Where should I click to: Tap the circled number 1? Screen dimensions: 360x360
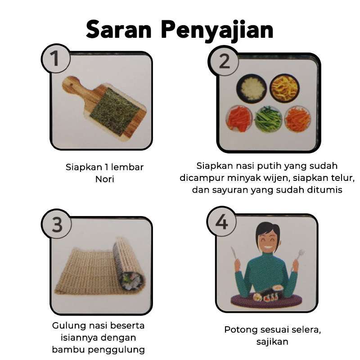point(55,59)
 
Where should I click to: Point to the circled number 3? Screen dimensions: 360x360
point(56,224)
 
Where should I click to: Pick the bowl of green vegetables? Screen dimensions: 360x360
point(268,119)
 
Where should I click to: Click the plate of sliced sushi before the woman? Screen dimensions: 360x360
point(266,297)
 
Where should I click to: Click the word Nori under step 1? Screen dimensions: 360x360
point(104,179)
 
